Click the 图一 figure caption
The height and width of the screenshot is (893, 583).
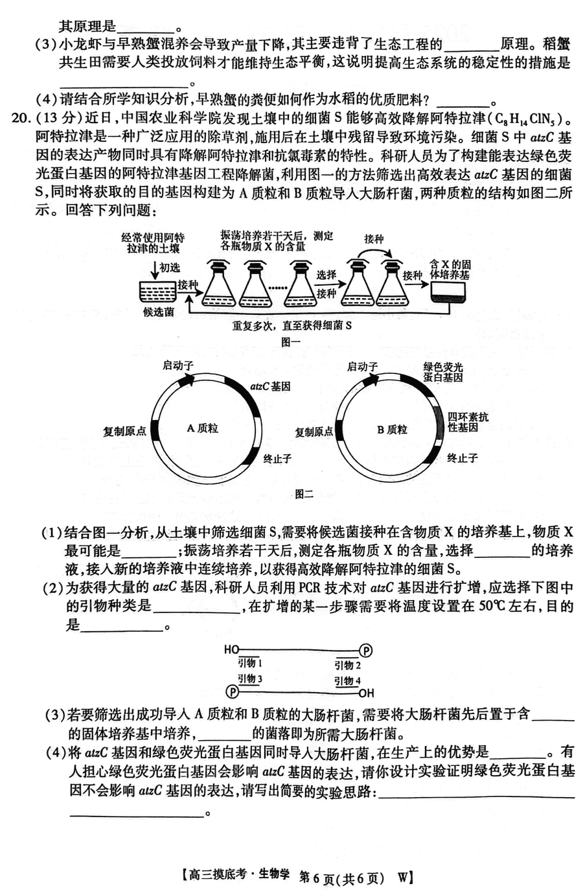pos(290,342)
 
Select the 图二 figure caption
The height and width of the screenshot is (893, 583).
pos(304,494)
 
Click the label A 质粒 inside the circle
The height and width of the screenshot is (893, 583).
pos(203,428)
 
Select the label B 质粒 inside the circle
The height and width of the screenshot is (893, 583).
pos(392,430)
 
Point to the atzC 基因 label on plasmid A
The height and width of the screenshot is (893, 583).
pos(270,386)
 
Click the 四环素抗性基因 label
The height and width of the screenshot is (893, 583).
pos(468,422)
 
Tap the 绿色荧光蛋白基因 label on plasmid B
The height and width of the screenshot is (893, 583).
pos(442,372)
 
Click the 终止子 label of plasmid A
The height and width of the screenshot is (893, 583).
pos(277,459)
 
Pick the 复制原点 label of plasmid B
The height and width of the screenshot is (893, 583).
pos(314,432)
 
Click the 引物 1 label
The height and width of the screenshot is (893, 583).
pos(250,663)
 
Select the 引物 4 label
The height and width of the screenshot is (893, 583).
pos(347,680)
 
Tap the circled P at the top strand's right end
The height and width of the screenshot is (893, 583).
pos(366,651)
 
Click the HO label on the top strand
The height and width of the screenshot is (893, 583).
pos(231,650)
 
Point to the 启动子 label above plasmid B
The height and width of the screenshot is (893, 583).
pos(362,366)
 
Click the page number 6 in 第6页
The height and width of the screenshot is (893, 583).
pos(317,877)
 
